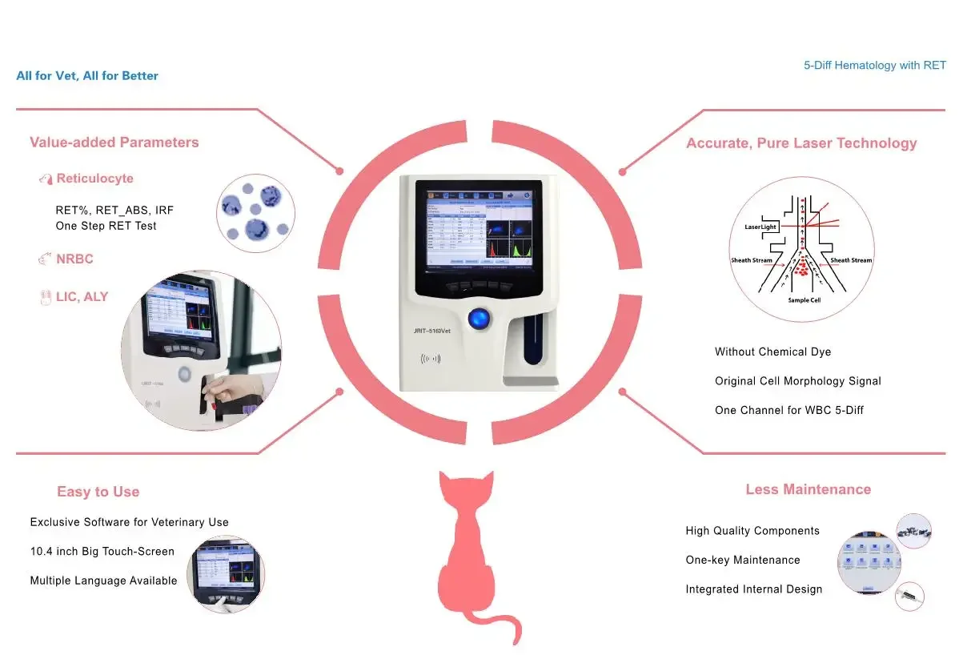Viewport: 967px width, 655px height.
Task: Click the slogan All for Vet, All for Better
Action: tap(87, 76)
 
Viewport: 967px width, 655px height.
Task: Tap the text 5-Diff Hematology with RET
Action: tap(874, 66)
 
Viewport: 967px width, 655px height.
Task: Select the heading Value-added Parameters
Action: tap(114, 143)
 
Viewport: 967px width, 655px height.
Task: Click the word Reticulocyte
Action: tap(94, 179)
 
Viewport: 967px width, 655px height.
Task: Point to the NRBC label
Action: tap(74, 259)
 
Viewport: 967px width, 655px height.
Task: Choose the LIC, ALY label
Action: tap(82, 297)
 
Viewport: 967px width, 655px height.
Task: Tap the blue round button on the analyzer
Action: tap(479, 318)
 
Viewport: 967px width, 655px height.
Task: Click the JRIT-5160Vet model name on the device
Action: tap(438, 330)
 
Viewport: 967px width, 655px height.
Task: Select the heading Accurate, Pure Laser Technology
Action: tap(800, 143)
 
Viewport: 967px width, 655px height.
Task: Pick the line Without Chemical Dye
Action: tap(772, 352)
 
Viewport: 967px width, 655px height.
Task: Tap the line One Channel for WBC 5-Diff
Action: tap(788, 411)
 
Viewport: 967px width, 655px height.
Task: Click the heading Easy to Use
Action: tap(98, 492)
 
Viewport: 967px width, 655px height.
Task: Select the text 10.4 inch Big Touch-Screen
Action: tap(102, 552)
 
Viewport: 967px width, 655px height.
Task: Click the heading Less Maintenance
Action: tap(808, 489)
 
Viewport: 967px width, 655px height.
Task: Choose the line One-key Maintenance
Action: tap(742, 561)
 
